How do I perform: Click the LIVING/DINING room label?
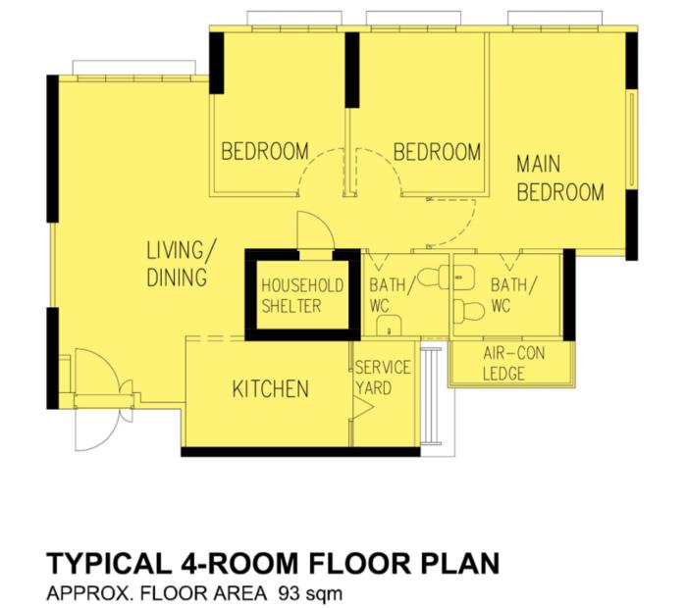click(178, 263)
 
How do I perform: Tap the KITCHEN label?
click(270, 389)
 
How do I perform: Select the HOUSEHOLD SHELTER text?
click(302, 295)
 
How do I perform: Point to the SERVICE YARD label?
click(382, 378)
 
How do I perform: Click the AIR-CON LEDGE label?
click(509, 363)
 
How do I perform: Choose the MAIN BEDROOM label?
click(559, 177)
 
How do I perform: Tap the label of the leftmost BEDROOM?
click(264, 152)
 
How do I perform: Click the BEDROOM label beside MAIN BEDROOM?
click(437, 152)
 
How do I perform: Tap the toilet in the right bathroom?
click(472, 311)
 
